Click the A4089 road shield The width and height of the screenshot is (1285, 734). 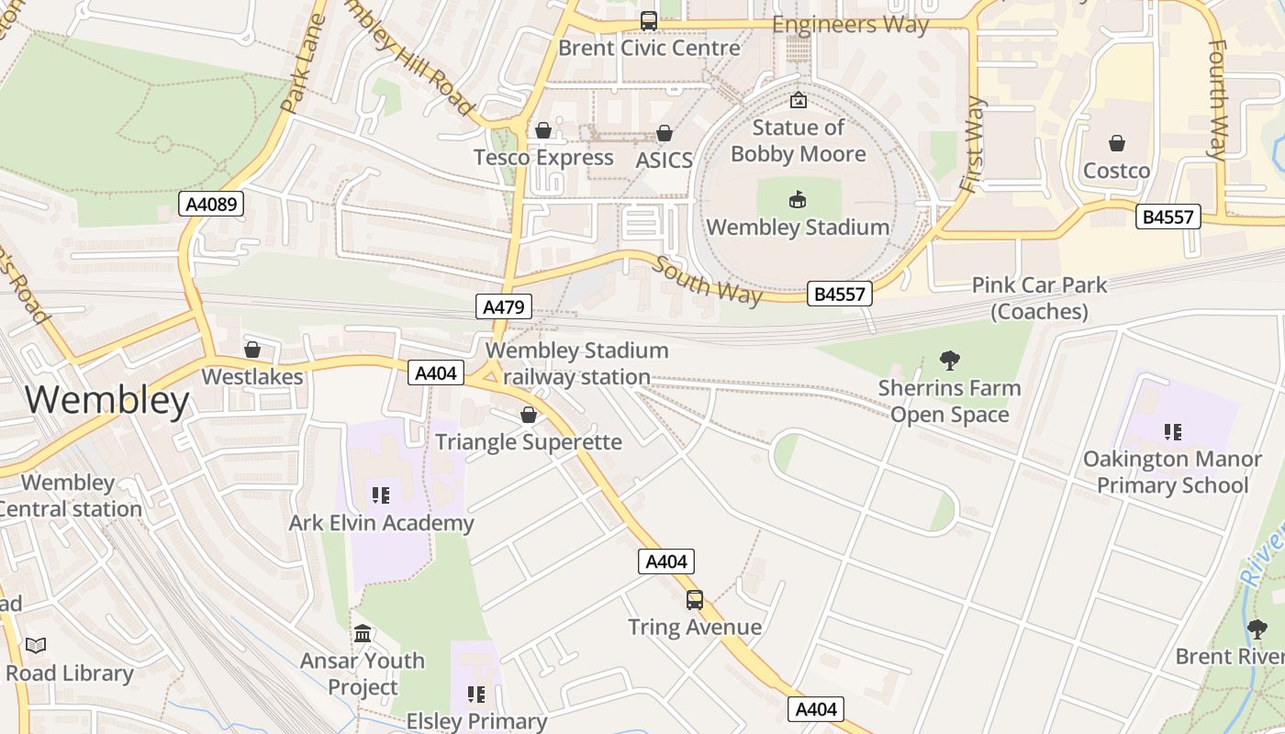click(211, 204)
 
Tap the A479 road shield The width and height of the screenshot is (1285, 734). click(505, 306)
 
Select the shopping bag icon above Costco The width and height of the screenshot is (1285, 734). click(1116, 143)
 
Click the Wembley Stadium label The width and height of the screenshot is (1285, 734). click(798, 227)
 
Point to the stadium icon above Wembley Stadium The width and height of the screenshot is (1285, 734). click(798, 199)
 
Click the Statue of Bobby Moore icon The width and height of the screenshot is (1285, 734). click(798, 100)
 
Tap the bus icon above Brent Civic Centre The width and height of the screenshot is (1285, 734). click(649, 20)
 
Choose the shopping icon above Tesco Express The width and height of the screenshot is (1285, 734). click(543, 130)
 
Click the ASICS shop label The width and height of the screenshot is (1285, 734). click(664, 160)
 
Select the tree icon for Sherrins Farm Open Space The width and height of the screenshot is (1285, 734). click(950, 361)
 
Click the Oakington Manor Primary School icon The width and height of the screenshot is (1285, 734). click(1172, 431)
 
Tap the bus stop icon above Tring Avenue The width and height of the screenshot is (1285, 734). click(695, 600)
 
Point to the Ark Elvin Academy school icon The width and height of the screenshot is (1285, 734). click(381, 495)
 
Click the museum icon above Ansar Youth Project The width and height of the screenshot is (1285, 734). click(363, 633)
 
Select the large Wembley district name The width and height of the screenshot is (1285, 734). click(107, 400)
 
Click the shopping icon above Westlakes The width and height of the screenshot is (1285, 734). click(252, 350)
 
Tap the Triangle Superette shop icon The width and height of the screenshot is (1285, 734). click(529, 415)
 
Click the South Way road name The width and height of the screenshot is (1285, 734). click(708, 281)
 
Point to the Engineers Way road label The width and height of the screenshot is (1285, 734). click(850, 24)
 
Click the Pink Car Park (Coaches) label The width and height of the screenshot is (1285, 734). click(1039, 298)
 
